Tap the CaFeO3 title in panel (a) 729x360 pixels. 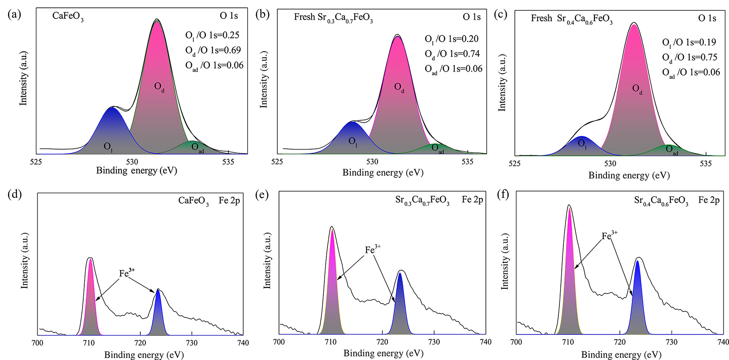point(68,17)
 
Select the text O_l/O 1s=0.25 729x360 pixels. point(212,35)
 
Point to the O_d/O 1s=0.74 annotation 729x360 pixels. point(452,54)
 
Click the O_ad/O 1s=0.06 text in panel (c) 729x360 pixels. point(691,73)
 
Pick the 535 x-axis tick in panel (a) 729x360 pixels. point(228,162)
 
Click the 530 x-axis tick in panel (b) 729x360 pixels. point(372,162)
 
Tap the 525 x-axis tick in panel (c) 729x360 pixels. point(515,164)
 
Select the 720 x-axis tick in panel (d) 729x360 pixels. point(140,343)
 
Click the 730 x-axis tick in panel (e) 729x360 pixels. point(434,342)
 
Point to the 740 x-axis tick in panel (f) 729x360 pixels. point(723,342)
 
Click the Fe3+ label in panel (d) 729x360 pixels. point(127,273)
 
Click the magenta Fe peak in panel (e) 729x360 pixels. point(332,286)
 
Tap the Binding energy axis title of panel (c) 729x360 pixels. point(629,176)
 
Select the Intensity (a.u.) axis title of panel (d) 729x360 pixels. point(25,260)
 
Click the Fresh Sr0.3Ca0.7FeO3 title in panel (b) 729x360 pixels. point(333,18)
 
